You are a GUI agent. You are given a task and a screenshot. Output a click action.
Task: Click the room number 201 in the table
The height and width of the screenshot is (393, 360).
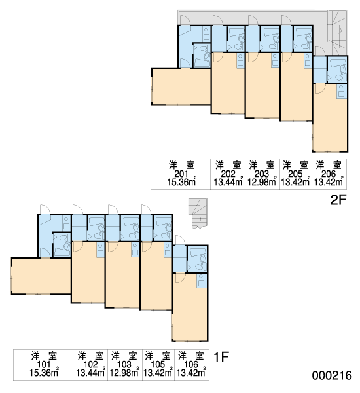pyautogui.click(x=181, y=174)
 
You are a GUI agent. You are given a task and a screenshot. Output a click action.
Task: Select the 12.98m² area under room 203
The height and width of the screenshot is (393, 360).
pyautogui.click(x=262, y=182)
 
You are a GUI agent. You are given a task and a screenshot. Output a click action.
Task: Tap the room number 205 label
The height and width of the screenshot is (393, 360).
pyautogui.click(x=296, y=174)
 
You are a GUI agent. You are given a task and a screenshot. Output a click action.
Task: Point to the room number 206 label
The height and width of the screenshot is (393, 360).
pyautogui.click(x=329, y=174)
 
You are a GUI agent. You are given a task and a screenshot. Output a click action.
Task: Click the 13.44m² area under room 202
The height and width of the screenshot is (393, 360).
pyautogui.click(x=228, y=182)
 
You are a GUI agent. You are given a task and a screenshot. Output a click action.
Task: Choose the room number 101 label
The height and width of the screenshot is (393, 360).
pyautogui.click(x=44, y=364)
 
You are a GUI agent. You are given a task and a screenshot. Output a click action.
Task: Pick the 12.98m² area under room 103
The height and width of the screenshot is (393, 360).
pyautogui.click(x=124, y=373)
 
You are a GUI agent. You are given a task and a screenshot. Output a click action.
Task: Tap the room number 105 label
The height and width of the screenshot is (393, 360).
pyautogui.click(x=158, y=364)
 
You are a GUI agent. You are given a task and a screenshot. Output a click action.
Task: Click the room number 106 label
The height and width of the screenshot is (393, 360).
pyautogui.click(x=191, y=364)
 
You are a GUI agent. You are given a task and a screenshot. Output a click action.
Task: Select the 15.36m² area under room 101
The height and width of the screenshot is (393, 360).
pyautogui.click(x=44, y=373)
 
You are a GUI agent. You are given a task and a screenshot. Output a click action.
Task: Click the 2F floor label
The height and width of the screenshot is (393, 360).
pyautogui.click(x=338, y=200)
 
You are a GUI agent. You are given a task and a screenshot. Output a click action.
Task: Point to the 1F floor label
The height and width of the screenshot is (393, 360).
pyautogui.click(x=221, y=357)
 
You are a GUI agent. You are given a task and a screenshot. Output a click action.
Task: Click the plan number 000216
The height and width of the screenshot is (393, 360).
pyautogui.click(x=332, y=375)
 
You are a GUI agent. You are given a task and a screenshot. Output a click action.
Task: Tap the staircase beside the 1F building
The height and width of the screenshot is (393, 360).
pyautogui.click(x=198, y=214)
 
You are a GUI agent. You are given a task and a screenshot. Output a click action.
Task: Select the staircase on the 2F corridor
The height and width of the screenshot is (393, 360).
pyautogui.click(x=338, y=33)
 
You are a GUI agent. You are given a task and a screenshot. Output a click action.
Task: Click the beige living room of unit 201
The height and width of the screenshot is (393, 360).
pyautogui.click(x=181, y=86)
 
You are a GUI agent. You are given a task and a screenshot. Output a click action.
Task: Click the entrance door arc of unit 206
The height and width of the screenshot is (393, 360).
pyautogui.click(x=320, y=50)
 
